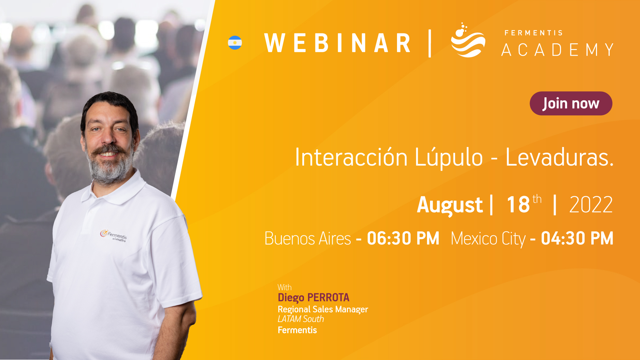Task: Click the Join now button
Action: click(x=571, y=103)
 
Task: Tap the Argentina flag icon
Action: click(x=235, y=43)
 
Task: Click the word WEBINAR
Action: click(x=337, y=43)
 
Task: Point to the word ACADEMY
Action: click(x=557, y=50)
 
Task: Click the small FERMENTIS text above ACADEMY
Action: click(x=534, y=33)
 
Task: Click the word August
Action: click(x=450, y=205)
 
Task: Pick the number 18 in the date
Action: click(x=518, y=204)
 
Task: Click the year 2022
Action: click(x=591, y=204)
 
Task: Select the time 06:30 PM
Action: click(x=403, y=238)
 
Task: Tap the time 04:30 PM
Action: click(x=577, y=238)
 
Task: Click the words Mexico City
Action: click(x=488, y=239)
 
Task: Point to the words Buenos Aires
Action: click(x=308, y=239)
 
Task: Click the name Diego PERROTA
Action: click(x=313, y=298)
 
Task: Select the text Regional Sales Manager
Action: click(x=323, y=309)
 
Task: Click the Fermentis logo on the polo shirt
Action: click(x=113, y=235)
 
